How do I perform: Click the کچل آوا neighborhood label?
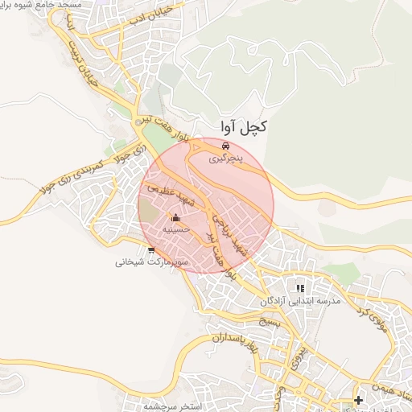point(243,127)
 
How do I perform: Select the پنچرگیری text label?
point(225,160)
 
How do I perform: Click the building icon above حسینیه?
point(176,217)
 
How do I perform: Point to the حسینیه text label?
point(176,229)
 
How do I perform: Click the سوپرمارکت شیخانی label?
point(151,262)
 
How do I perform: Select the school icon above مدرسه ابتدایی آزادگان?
point(300,287)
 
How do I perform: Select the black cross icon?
point(358,400)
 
